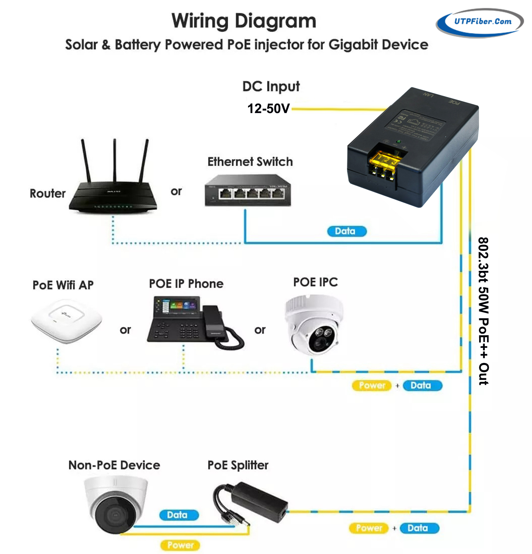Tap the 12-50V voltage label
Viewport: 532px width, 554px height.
(x=268, y=108)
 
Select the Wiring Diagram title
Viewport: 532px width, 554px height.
(x=243, y=21)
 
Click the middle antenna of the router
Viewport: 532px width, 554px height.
(x=115, y=160)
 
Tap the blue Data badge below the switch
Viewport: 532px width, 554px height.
(x=346, y=231)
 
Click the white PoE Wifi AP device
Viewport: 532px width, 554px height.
(x=66, y=320)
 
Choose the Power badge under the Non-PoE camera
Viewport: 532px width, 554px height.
(x=180, y=545)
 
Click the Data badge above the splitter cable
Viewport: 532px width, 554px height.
(x=179, y=515)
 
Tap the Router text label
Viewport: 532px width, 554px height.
(x=48, y=193)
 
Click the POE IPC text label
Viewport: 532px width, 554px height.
(x=315, y=282)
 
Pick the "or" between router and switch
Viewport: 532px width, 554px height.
(x=176, y=191)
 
